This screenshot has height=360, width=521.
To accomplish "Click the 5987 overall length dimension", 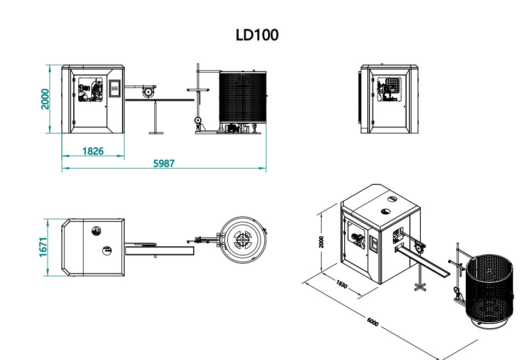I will tap(164, 163).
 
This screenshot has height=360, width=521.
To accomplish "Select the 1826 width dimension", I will tap(93, 151).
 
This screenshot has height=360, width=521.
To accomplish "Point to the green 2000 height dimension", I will tap(45, 99).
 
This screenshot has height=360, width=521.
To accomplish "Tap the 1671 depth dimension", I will tap(44, 247).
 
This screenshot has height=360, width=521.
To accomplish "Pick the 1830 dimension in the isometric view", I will tap(341, 284).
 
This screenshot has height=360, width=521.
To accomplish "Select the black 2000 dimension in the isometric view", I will tap(321, 242).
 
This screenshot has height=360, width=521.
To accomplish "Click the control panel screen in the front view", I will tap(115, 89).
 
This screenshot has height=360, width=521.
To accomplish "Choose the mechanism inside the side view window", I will tap(390, 90).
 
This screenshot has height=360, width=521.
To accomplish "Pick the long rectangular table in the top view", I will tap(160, 251).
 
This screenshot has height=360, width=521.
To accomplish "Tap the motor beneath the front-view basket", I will tap(233, 128).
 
